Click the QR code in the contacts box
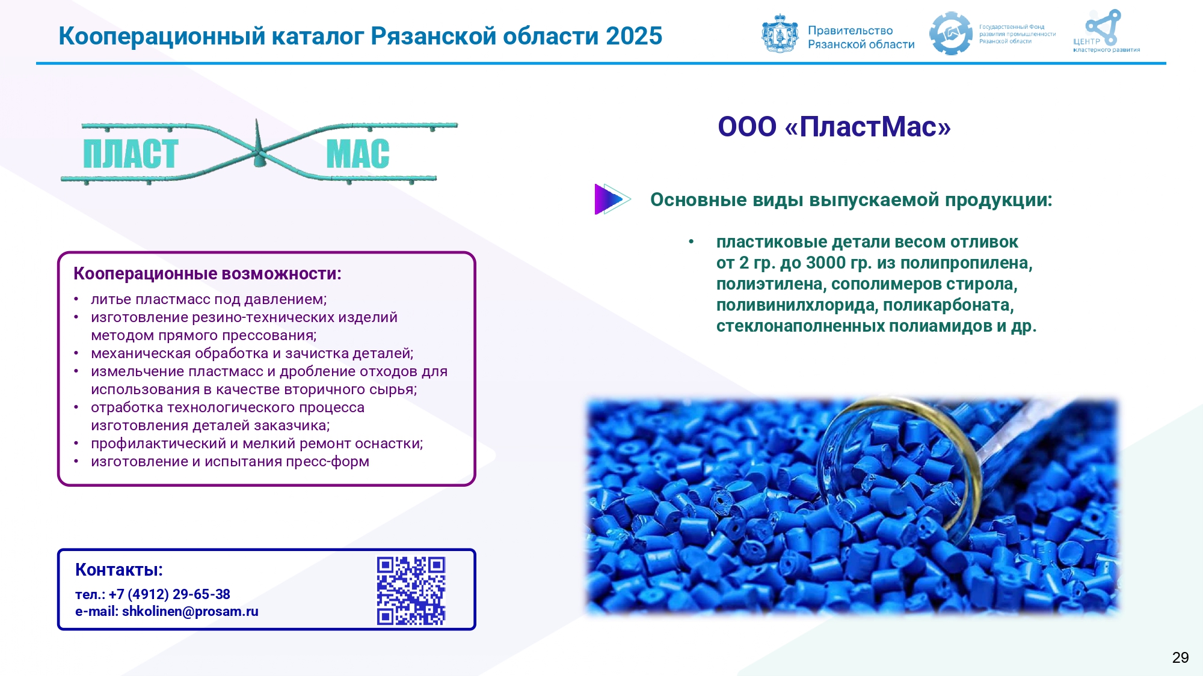pyautogui.click(x=411, y=591)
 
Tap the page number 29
pyautogui.click(x=1180, y=657)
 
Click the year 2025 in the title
pyautogui.click(x=634, y=36)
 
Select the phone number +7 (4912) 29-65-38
pyautogui.click(x=170, y=594)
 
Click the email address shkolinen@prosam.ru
pyautogui.click(x=190, y=611)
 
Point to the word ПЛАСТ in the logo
pyautogui.click(x=131, y=154)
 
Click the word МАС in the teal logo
pyautogui.click(x=358, y=154)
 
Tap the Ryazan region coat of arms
pyautogui.click(x=780, y=34)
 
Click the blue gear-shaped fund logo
pyautogui.click(x=950, y=34)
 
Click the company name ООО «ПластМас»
pyautogui.click(x=834, y=127)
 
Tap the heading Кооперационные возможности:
pyautogui.click(x=208, y=274)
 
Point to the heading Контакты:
pyautogui.click(x=119, y=570)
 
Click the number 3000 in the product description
pyautogui.click(x=826, y=263)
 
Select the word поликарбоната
pyautogui.click(x=949, y=305)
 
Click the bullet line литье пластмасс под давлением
pyautogui.click(x=209, y=299)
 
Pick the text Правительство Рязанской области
pyautogui.click(x=861, y=37)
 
